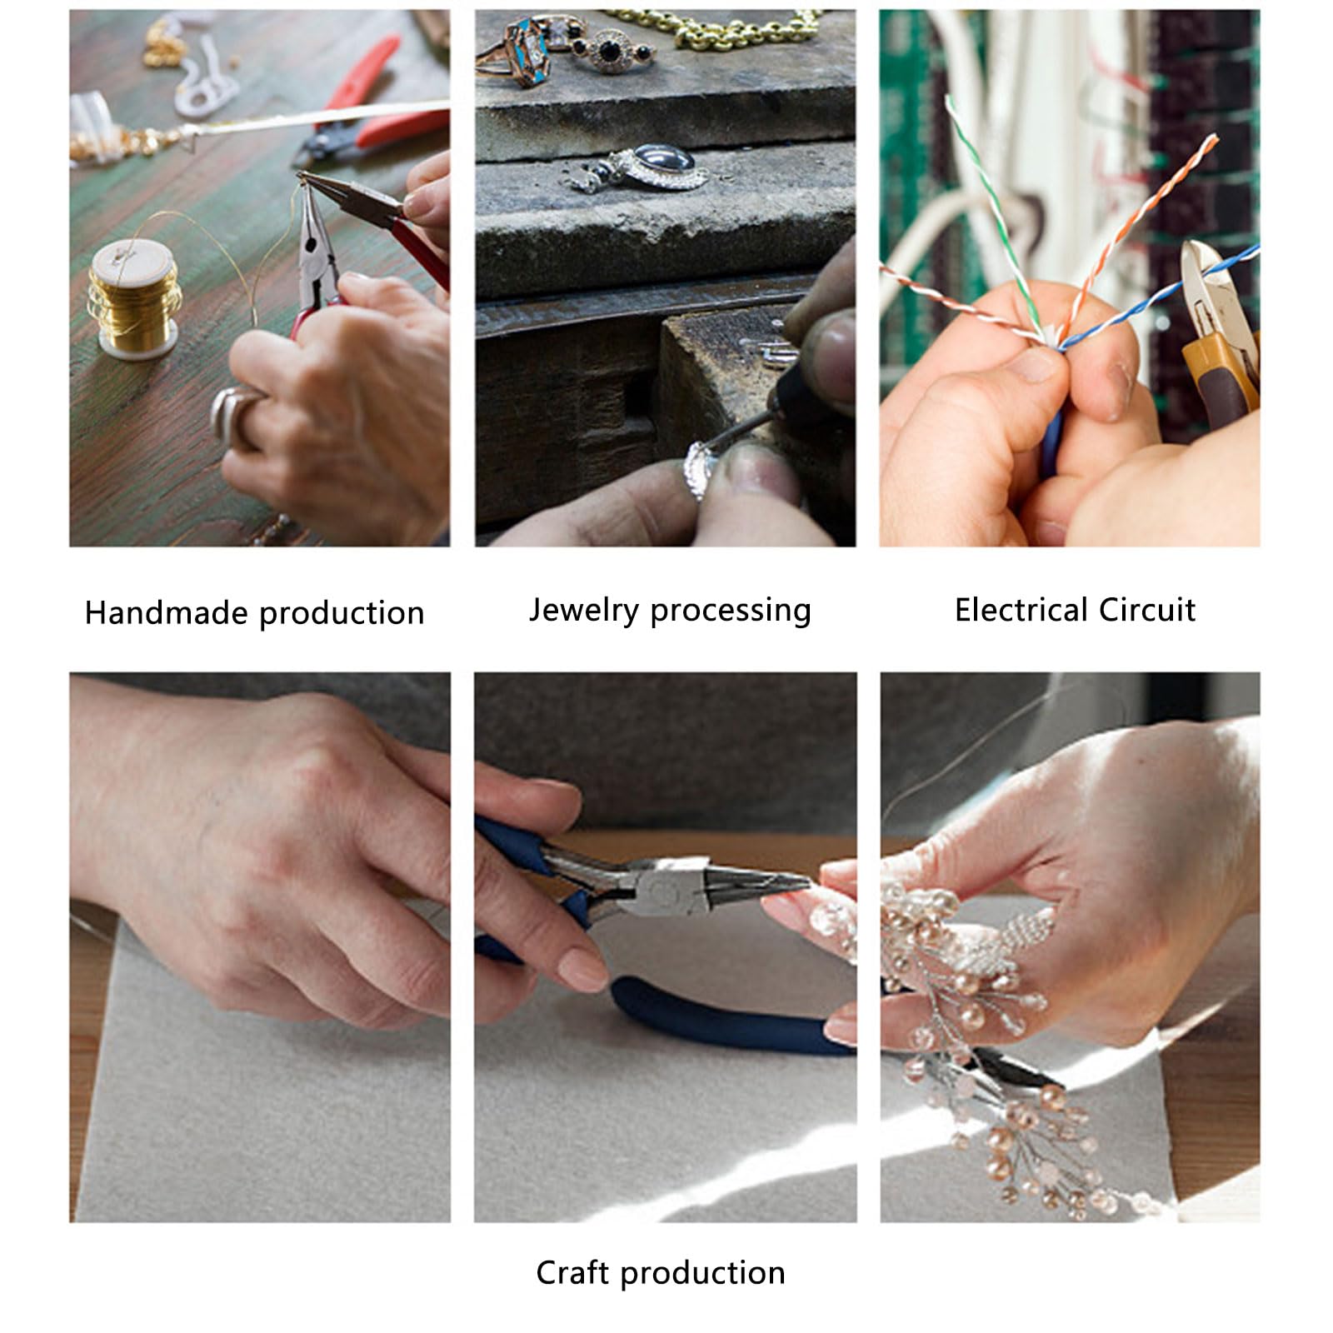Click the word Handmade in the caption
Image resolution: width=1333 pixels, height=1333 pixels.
(167, 613)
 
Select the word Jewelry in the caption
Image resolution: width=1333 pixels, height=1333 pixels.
(584, 610)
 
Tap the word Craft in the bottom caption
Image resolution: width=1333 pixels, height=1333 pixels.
(572, 1272)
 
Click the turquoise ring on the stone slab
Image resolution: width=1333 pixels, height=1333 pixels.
(525, 50)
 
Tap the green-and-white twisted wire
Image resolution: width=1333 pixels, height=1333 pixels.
(991, 208)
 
